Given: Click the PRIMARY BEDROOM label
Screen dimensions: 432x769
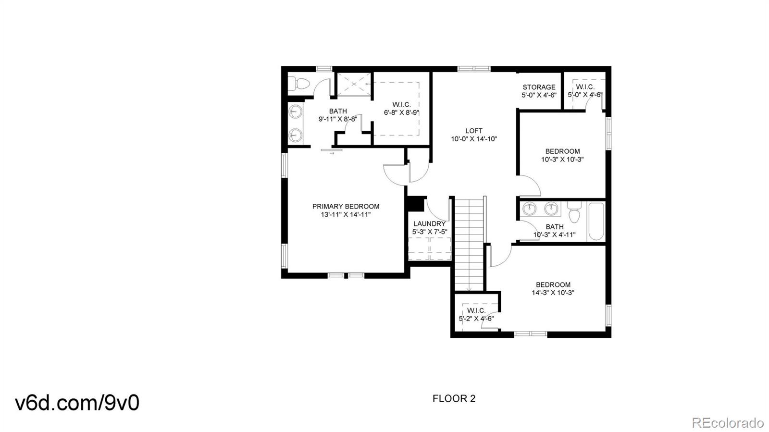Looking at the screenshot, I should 346,207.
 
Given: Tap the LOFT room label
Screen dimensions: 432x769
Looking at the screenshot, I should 473,131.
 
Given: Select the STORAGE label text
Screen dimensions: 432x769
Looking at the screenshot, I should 539,87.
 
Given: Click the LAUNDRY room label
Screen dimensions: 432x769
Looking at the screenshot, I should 429,223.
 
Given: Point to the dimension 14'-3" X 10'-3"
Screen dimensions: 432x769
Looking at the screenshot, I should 553,293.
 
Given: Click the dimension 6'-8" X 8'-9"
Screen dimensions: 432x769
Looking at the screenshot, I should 401,113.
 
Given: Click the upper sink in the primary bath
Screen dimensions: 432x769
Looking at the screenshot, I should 295,112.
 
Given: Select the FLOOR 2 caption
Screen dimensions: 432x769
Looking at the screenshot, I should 454,398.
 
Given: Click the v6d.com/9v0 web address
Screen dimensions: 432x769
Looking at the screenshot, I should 77,403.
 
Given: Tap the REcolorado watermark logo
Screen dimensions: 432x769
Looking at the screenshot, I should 727,423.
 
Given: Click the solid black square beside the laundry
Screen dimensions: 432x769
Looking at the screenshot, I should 416,203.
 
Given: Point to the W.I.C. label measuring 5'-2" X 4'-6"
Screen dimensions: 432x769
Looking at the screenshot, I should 476,310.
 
